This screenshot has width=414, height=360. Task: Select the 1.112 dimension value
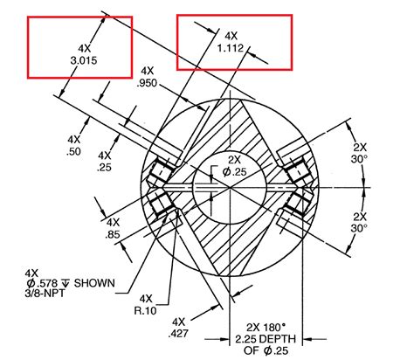[x=231, y=49]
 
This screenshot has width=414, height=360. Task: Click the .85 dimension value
[x=113, y=234]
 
